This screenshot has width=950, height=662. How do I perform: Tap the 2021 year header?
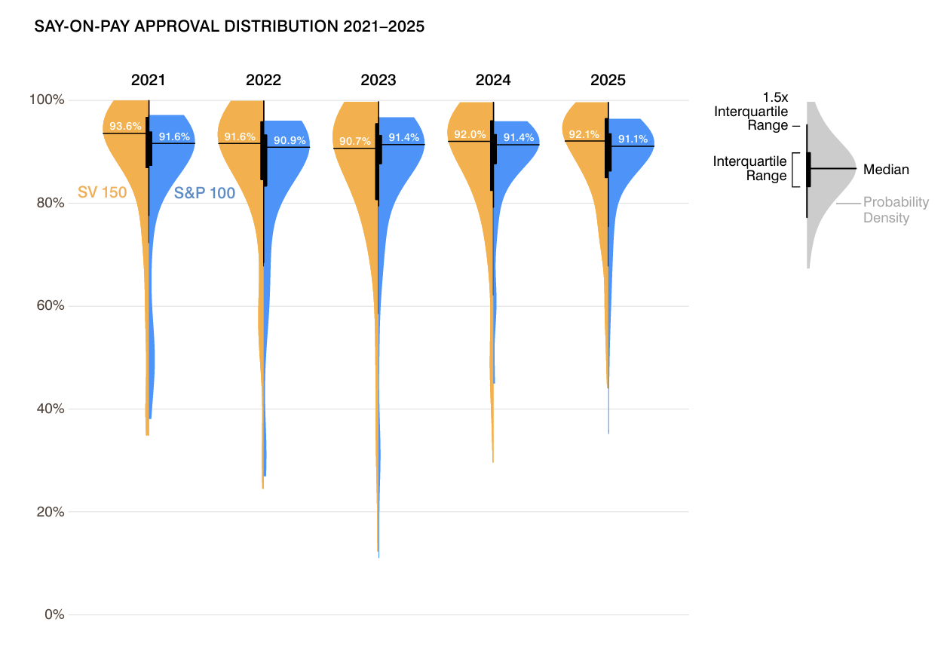148,81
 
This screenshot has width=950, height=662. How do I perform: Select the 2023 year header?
378,81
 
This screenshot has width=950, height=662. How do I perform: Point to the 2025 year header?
608,81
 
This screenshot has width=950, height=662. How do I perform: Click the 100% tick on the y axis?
47,100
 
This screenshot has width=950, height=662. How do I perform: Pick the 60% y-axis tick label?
50,306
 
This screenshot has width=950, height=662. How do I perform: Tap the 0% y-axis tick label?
54,614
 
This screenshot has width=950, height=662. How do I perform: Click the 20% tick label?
50,512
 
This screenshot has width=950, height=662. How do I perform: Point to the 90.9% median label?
290,140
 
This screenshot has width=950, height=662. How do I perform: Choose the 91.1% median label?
633,139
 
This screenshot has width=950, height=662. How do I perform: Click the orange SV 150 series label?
102,192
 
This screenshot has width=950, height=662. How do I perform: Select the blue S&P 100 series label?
204,193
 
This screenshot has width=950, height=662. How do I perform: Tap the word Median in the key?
886,170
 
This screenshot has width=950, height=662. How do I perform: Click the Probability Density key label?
896,210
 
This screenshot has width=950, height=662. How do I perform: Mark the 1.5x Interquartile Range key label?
751,112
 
